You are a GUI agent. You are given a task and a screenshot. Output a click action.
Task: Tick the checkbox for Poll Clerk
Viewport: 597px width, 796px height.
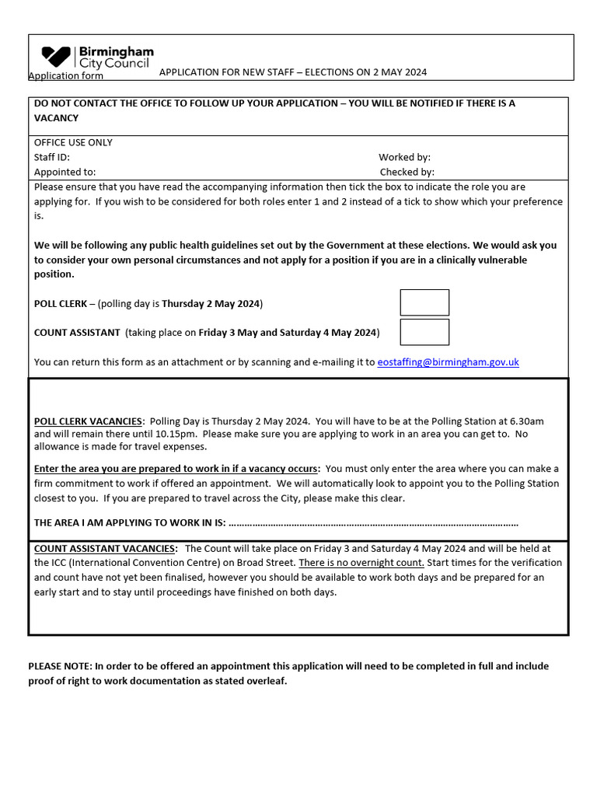pyautogui.click(x=424, y=302)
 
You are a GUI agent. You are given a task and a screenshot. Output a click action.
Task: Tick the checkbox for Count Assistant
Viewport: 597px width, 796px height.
pyautogui.click(x=424, y=332)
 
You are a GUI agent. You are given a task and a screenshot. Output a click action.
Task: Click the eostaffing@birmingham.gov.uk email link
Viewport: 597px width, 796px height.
pyautogui.click(x=448, y=362)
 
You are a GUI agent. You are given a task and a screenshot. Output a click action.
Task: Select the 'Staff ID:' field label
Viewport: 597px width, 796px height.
pyautogui.click(x=52, y=157)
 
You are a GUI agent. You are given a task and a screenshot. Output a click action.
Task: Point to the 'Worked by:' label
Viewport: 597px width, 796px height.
pyautogui.click(x=404, y=157)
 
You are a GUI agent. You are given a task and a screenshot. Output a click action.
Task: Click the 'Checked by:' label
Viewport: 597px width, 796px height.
pyautogui.click(x=407, y=172)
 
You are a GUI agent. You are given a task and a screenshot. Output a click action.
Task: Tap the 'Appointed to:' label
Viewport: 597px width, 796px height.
pyautogui.click(x=65, y=172)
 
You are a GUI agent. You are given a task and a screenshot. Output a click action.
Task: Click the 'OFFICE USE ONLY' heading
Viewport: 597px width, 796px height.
pyautogui.click(x=73, y=142)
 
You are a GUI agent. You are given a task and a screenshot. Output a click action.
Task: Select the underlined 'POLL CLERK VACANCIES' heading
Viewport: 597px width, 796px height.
pyautogui.click(x=89, y=421)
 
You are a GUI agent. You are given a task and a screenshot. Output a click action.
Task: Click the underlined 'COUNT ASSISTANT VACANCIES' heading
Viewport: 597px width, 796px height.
pyautogui.click(x=105, y=547)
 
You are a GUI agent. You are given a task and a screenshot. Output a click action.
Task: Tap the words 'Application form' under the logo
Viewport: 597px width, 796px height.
pyautogui.click(x=65, y=75)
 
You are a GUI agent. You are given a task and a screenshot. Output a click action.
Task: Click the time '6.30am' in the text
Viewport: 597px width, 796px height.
pyautogui.click(x=526, y=421)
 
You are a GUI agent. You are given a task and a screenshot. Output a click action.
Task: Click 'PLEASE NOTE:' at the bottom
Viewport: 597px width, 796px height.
pyautogui.click(x=60, y=666)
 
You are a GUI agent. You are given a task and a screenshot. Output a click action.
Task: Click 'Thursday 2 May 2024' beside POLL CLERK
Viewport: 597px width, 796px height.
pyautogui.click(x=211, y=303)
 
